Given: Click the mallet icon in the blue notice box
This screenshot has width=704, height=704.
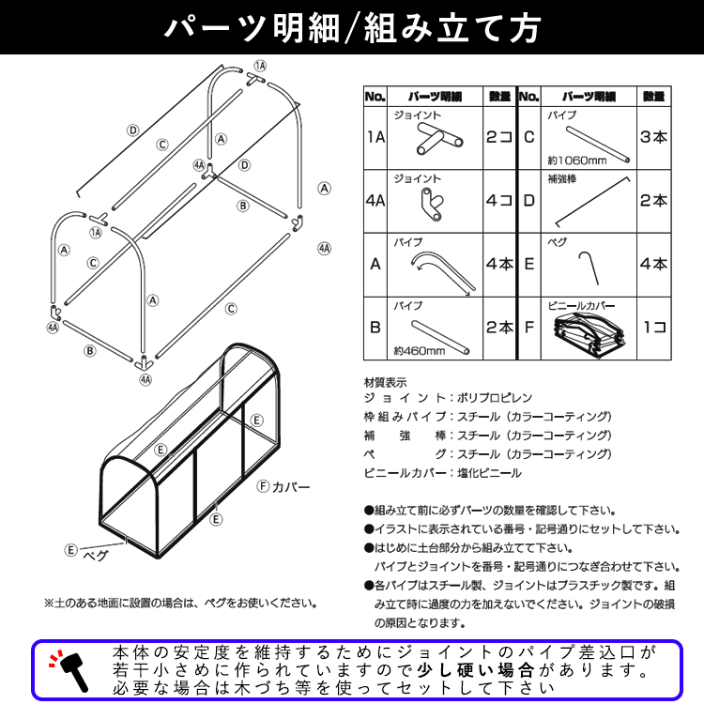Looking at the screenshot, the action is coord(69,670).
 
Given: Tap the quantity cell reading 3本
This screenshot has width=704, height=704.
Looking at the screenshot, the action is coord(653,137).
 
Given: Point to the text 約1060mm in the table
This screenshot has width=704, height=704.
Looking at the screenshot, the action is coord(577,161).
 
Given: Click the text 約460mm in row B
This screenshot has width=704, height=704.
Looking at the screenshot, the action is coord(420,351).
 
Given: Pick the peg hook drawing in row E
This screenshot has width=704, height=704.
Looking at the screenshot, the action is coord(589,268).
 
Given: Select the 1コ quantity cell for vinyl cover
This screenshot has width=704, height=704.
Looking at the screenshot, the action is coord(654,328).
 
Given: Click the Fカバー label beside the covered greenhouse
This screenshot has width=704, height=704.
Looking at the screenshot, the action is coord(283,486).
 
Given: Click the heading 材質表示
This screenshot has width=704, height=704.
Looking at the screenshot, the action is coord(385,383).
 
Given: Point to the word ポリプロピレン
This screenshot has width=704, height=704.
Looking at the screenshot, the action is coord(495,398).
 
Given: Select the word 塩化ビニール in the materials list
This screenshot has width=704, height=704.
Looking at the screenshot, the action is coord(489,473).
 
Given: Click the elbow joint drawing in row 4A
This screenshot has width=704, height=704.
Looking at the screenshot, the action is coord(432,205).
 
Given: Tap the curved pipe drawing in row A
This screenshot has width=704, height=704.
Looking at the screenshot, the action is coord(442,273).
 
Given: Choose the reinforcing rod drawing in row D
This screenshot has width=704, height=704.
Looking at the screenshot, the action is coord(592,202).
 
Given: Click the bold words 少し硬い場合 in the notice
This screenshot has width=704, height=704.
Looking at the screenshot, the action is coord(476,670).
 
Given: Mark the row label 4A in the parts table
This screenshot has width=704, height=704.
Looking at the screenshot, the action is coord(375,201).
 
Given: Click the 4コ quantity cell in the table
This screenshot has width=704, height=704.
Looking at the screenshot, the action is coord(499,201).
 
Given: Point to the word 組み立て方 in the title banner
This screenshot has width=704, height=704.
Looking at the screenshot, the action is coord(452,28).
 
